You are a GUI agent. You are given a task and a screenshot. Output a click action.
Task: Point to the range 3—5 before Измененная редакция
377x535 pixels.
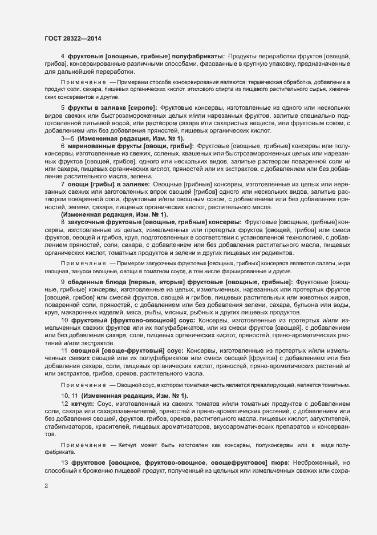[x=67, y=139]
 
